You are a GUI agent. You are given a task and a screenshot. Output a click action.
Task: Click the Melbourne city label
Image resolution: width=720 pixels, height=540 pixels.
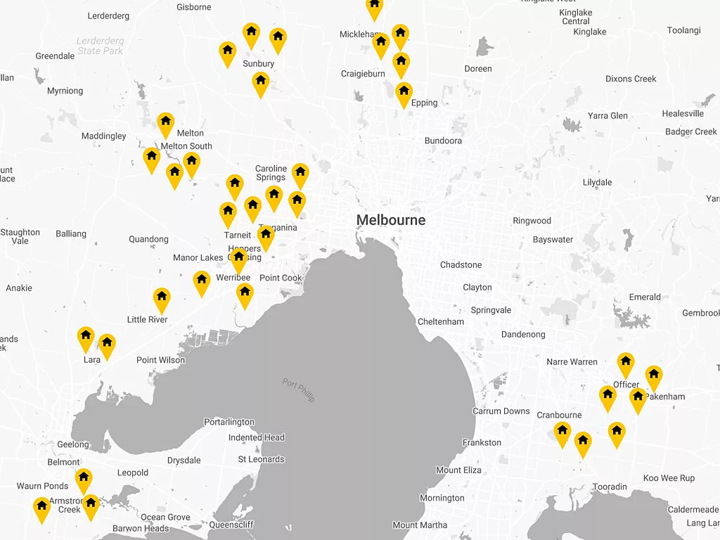(x=390, y=220)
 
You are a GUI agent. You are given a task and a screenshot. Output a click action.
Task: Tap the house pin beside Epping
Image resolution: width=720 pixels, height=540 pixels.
(x=404, y=93)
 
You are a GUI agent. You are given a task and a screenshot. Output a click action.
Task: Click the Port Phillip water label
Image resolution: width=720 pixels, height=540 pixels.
(x=299, y=390)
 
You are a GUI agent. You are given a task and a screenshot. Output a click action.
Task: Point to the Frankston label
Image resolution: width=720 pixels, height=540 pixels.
(x=482, y=443)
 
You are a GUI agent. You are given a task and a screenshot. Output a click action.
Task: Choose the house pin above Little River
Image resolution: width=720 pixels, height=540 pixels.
(x=162, y=299)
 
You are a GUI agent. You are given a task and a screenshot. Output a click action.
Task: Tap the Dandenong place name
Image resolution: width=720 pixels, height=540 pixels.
(x=523, y=335)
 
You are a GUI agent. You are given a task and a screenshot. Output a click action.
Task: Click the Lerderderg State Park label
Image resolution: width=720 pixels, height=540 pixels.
(x=100, y=46)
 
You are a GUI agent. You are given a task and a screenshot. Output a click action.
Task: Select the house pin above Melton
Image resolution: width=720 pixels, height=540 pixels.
(x=165, y=124)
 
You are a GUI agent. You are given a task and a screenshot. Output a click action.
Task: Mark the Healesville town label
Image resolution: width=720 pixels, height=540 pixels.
(x=683, y=114)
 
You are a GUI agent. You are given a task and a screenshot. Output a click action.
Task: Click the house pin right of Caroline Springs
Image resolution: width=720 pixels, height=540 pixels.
(x=300, y=174)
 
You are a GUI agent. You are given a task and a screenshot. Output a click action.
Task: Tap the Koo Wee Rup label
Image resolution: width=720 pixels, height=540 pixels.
(x=669, y=479)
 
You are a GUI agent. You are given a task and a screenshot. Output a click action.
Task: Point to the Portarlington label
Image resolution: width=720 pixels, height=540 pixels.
(x=229, y=423)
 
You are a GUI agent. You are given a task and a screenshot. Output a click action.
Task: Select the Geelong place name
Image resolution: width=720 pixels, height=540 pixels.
(x=73, y=445)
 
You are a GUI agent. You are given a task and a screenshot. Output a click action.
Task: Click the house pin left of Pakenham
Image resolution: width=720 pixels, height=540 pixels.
(x=638, y=399)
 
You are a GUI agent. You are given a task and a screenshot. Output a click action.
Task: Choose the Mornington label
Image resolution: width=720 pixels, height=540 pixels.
(x=442, y=499)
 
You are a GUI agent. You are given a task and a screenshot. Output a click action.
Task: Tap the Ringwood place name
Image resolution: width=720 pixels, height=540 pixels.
(x=532, y=221)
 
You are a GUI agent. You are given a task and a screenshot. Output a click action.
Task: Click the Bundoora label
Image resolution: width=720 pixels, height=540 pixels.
(x=443, y=141)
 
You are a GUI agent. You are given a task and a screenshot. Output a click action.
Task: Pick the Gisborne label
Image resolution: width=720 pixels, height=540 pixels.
(x=193, y=8)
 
